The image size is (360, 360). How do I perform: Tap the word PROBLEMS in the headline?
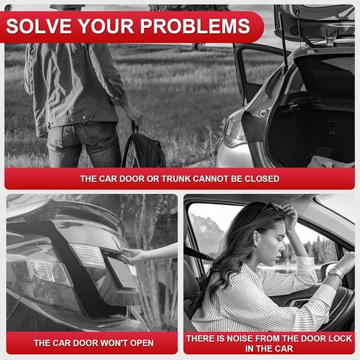195,26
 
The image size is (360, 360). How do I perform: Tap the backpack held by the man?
143,148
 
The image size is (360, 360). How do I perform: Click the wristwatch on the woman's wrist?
336,272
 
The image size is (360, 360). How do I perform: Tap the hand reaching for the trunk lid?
134,257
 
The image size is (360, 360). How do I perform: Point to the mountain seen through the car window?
205,235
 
